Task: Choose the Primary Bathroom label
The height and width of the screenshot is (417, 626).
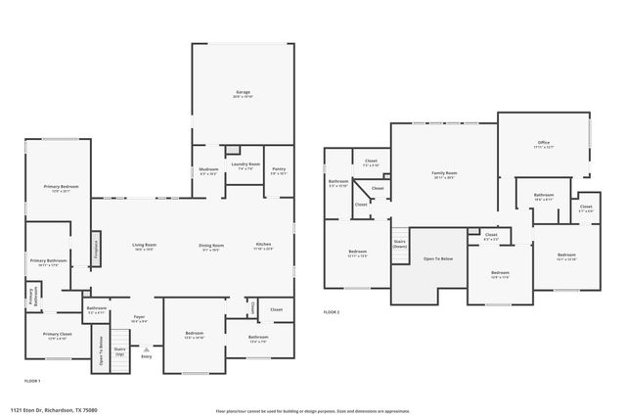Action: tap(47, 261)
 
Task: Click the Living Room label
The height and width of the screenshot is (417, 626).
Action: tap(145, 247)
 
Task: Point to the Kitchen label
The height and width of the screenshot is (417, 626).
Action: tap(263, 247)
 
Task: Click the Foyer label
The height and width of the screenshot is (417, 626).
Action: tap(139, 319)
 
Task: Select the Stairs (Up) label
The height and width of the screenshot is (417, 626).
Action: tap(119, 350)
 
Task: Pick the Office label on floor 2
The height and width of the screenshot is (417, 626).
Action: tap(544, 145)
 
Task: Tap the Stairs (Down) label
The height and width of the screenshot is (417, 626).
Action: tap(399, 244)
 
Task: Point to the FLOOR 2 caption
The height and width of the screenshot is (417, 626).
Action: tap(332, 312)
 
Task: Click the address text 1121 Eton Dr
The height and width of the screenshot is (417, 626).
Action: tap(55, 410)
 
